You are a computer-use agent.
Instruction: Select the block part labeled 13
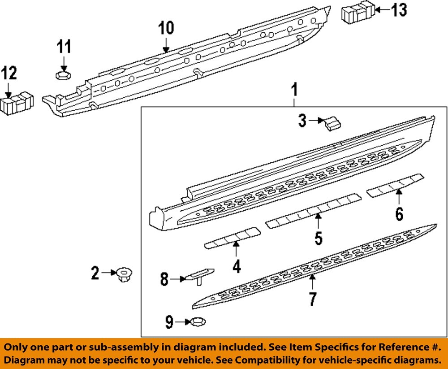358,13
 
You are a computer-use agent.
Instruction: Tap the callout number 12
9,73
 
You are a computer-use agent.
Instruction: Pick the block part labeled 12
17,104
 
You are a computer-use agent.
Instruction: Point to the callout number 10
165,29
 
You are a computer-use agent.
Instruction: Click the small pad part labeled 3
332,123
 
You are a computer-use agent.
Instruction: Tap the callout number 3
303,120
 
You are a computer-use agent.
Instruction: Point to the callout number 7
313,298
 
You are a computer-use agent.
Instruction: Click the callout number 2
95,273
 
